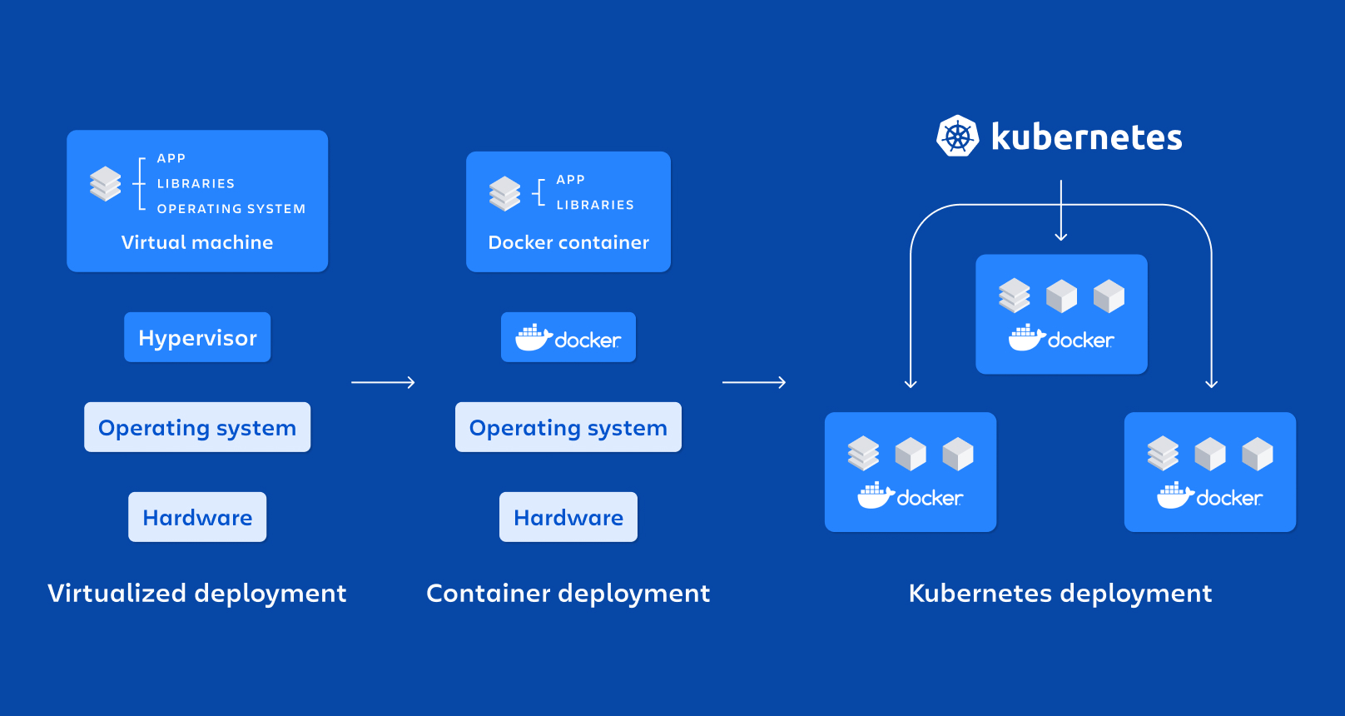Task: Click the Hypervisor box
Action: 197,337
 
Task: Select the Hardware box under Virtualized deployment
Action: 197,517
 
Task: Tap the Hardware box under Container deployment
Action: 568,517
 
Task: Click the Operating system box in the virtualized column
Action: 197,427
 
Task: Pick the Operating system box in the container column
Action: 568,427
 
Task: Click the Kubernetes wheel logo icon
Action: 957,137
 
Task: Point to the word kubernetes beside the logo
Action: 1086,137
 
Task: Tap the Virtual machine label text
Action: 197,242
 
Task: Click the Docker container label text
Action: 568,242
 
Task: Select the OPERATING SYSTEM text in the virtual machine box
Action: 231,209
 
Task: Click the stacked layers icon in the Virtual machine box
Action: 106,184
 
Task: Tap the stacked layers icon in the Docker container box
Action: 504,193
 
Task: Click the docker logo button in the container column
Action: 568,337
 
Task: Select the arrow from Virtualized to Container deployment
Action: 383,382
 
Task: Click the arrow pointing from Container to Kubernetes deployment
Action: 754,382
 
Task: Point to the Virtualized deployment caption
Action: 197,593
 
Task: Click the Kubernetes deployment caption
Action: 1060,593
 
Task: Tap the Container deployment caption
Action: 568,593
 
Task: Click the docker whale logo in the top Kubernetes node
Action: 1027,338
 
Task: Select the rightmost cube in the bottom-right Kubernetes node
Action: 1258,455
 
